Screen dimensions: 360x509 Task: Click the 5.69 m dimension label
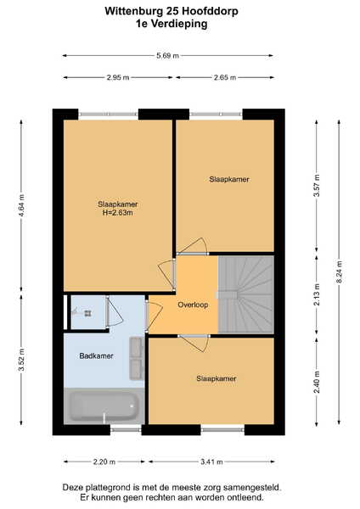167,56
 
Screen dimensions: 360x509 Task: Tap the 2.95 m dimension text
118,77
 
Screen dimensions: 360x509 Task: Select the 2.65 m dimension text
225,77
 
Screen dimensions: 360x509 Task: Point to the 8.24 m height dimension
340,272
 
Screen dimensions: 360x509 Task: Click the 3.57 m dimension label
317,185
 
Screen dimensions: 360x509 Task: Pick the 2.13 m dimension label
317,294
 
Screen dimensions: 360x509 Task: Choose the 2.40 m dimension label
317,382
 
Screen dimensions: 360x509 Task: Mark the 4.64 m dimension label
21,205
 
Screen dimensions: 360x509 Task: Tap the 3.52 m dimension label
21,360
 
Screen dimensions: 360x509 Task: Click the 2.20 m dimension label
104,461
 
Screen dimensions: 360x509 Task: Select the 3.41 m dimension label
211,461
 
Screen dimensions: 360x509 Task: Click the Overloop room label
193,305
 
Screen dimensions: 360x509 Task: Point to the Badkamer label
96,355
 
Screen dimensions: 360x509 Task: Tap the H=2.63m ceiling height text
118,213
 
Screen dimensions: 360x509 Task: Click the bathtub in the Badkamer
104,406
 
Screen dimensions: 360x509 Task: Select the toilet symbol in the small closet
84,313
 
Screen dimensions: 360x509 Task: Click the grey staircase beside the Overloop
245,294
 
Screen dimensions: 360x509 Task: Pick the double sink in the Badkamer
137,358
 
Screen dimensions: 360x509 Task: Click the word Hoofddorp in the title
210,11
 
